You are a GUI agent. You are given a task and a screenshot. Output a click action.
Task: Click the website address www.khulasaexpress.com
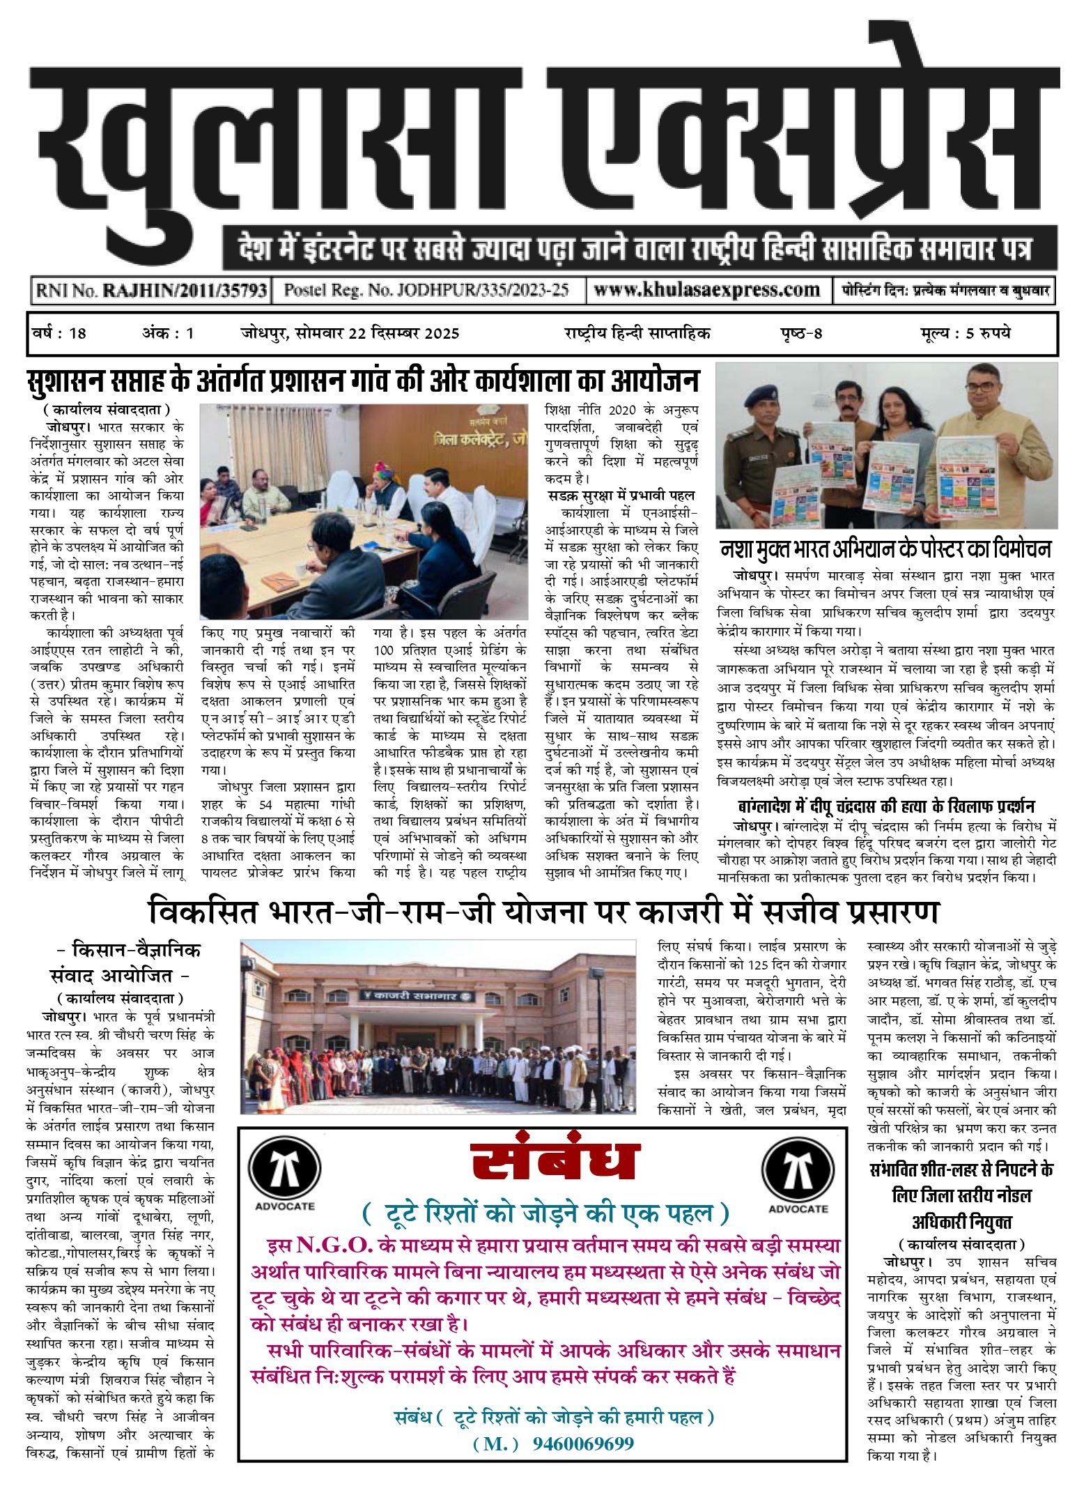click(x=706, y=290)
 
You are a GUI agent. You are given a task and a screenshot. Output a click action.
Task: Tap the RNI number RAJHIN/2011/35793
click(x=185, y=291)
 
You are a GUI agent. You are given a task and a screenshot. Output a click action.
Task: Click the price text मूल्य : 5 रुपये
click(x=965, y=333)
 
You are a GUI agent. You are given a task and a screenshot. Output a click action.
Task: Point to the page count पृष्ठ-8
click(x=801, y=333)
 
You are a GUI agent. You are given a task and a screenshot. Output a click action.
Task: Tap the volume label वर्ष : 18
click(x=60, y=333)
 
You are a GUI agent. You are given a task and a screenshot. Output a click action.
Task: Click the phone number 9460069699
click(x=583, y=1443)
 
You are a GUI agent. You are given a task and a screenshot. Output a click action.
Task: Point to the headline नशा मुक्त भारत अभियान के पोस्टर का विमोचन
click(x=885, y=550)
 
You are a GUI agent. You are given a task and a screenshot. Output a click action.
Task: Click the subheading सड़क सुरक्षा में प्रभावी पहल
click(x=621, y=496)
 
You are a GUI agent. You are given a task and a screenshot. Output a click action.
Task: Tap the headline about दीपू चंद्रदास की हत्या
click(x=886, y=806)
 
